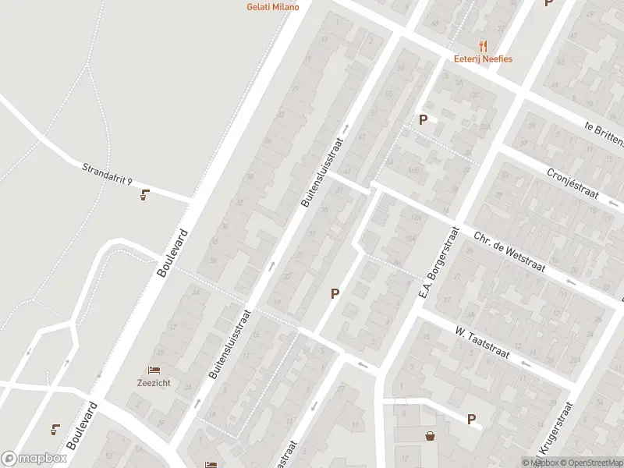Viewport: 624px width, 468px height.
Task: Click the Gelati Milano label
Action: [x=268, y=6]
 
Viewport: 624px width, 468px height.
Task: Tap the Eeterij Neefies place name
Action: [x=483, y=58]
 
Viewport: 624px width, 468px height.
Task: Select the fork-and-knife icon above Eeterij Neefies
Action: [x=483, y=45]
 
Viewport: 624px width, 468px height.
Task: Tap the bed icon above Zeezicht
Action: [x=154, y=369]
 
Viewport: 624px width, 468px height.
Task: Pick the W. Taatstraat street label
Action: [x=482, y=343]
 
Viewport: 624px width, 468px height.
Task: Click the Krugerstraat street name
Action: [x=555, y=429]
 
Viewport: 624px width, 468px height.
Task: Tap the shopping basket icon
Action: [x=430, y=435]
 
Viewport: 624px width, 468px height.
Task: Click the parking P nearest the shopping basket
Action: [x=471, y=420]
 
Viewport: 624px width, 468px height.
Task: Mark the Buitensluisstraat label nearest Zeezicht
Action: [x=229, y=345]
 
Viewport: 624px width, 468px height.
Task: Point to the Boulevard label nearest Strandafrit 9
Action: [x=173, y=253]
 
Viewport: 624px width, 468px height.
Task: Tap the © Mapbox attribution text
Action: [x=541, y=463]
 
